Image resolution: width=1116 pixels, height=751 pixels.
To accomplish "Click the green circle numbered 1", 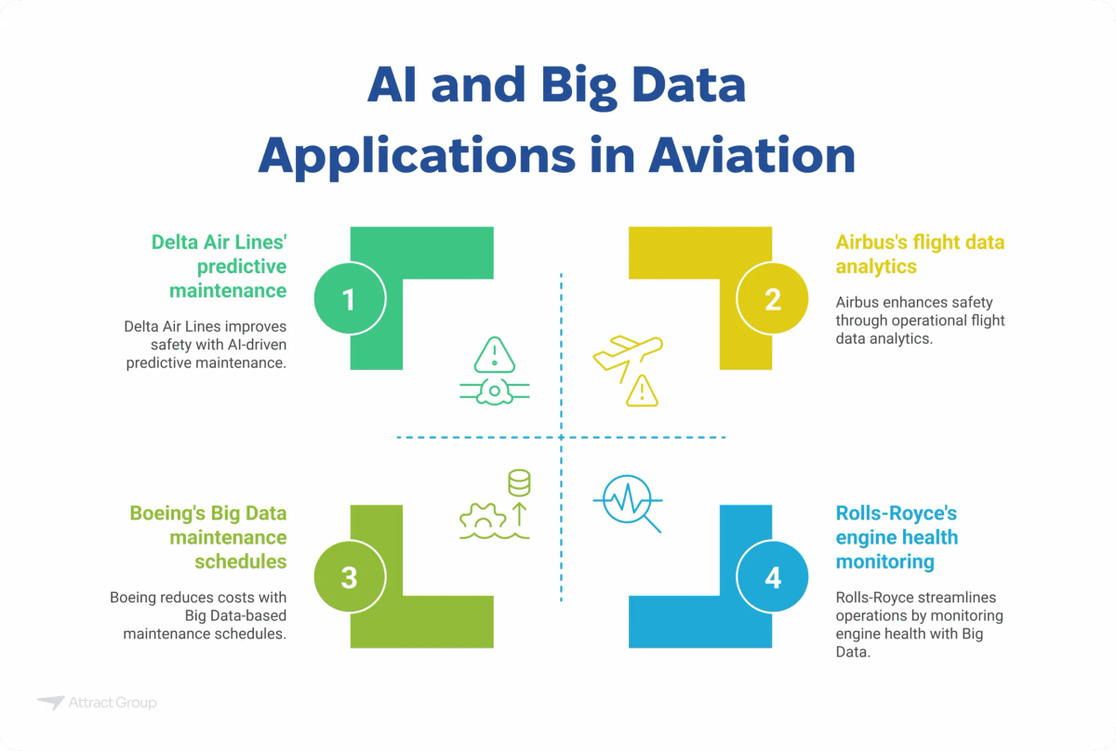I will pyautogui.click(x=349, y=299).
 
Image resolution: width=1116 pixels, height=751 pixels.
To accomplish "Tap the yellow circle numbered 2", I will pyautogui.click(x=773, y=299).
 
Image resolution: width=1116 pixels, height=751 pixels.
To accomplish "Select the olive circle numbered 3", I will pyautogui.click(x=349, y=577).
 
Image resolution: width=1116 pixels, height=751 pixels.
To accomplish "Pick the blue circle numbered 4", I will pyautogui.click(x=773, y=577).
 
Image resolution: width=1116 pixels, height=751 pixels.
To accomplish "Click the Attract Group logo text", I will pyautogui.click(x=113, y=703).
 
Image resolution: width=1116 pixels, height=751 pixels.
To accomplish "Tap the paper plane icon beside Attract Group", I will pyautogui.click(x=50, y=703).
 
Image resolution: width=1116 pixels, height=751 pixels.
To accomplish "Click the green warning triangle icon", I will pyautogui.click(x=494, y=354).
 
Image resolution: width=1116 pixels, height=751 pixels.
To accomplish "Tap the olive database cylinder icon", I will pyautogui.click(x=518, y=483).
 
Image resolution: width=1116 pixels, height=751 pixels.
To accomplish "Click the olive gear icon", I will pyautogui.click(x=482, y=518).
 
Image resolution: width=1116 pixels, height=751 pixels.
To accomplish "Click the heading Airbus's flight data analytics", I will pyautogui.click(x=920, y=254).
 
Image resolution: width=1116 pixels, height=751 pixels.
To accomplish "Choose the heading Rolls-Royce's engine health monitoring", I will pyautogui.click(x=897, y=537).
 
